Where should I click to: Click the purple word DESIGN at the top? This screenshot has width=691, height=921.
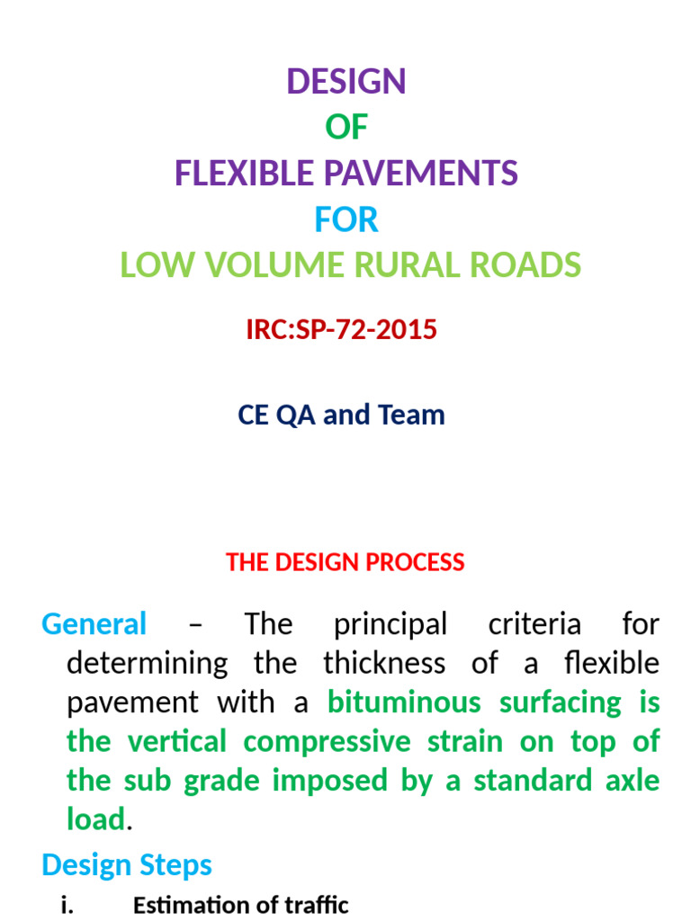(346, 82)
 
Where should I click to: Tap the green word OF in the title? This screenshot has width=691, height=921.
(346, 128)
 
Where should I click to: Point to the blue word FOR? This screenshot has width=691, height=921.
(346, 219)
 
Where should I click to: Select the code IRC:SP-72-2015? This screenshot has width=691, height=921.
(341, 330)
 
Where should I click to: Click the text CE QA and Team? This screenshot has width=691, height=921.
(341, 415)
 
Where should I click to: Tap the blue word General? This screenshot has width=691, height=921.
(94, 623)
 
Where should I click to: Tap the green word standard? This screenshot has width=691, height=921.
(536, 780)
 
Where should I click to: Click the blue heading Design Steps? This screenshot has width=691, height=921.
(127, 865)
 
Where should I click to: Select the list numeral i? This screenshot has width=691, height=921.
(67, 906)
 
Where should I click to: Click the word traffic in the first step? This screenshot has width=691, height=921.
(315, 906)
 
